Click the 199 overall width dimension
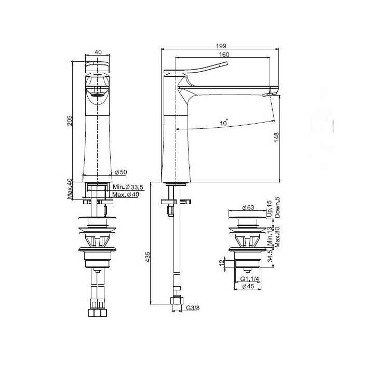(x=221, y=46)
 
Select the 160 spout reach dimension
(x=224, y=55)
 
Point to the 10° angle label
(x=224, y=123)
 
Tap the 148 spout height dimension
(x=276, y=137)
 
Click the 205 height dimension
(x=69, y=121)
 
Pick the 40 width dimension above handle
(x=98, y=52)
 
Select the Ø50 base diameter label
(x=121, y=172)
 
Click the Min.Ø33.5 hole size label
(x=128, y=187)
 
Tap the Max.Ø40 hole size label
(x=126, y=194)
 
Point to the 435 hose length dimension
(x=148, y=257)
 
